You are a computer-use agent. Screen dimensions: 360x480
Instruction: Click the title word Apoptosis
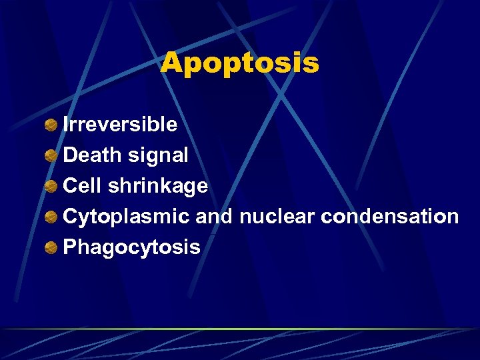click(x=240, y=63)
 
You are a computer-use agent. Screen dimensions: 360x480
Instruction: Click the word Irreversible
click(x=120, y=125)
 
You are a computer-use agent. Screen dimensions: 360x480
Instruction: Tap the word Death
click(x=91, y=155)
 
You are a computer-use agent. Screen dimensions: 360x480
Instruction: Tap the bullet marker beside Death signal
click(x=51, y=156)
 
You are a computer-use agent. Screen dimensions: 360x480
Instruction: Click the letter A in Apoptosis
click(x=171, y=63)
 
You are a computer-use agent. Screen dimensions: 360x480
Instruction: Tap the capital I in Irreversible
click(x=66, y=125)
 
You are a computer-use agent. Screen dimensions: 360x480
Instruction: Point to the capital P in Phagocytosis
click(x=69, y=247)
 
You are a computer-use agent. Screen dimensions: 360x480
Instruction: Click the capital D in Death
click(x=70, y=155)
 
